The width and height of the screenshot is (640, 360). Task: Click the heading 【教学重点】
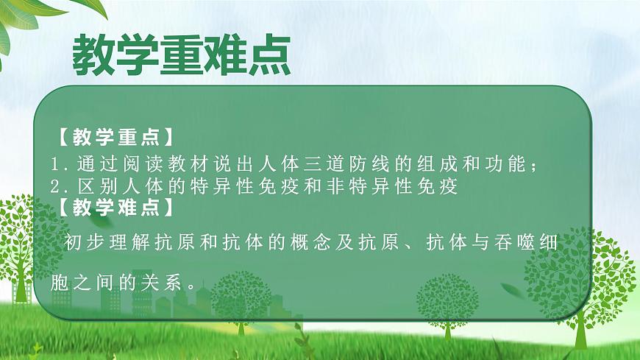click(x=115, y=138)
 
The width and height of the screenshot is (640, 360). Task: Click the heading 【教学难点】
click(x=115, y=208)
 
